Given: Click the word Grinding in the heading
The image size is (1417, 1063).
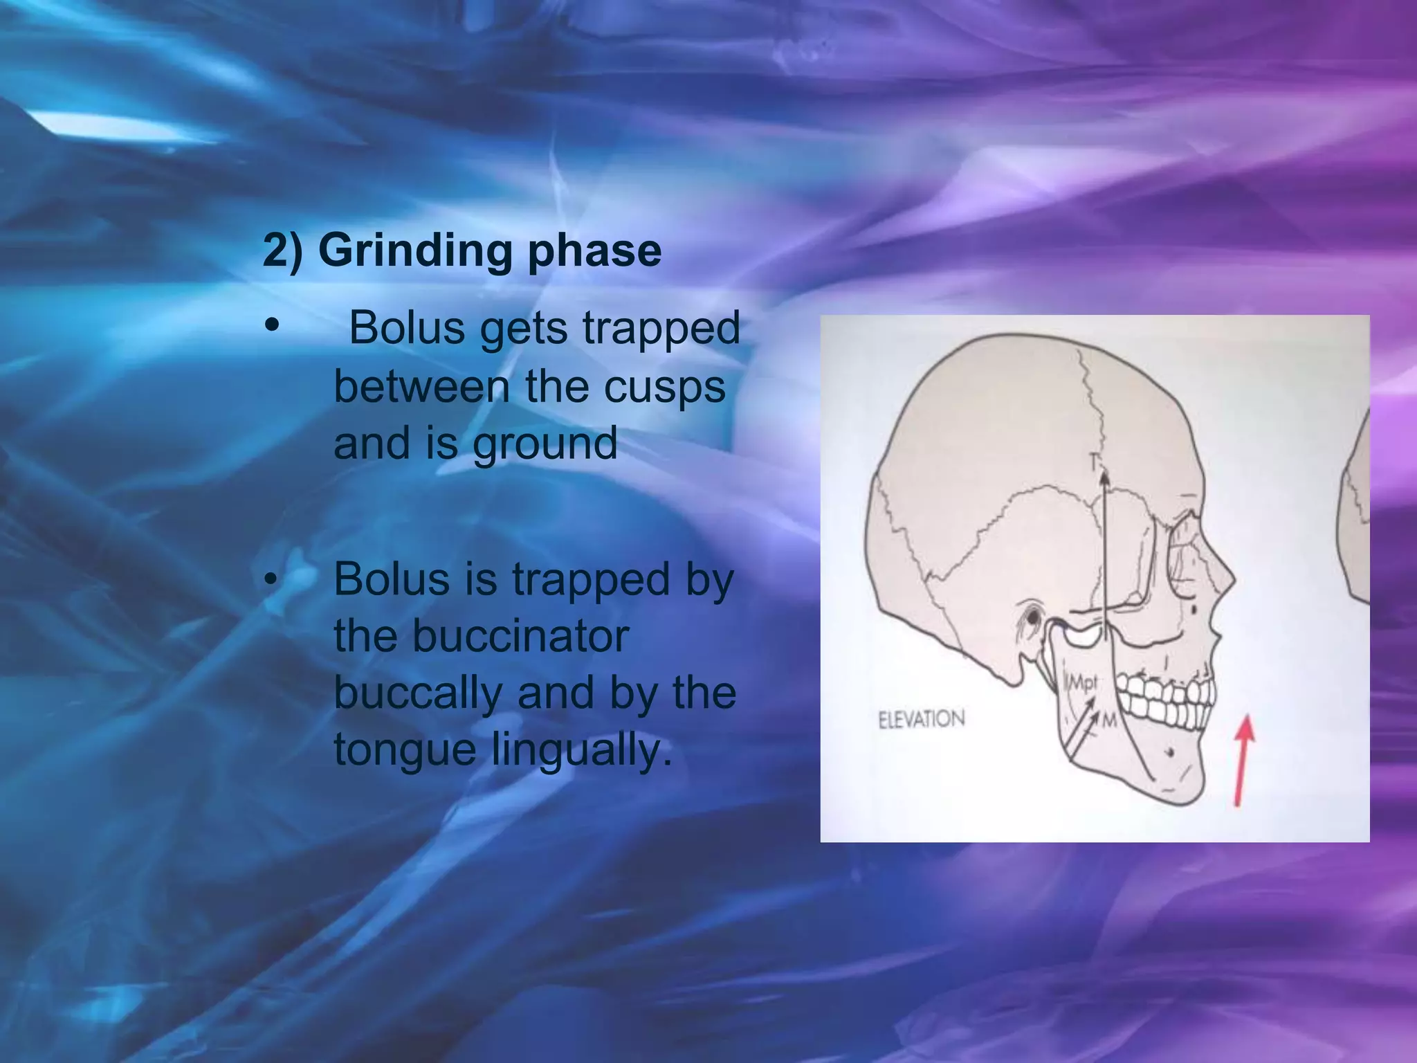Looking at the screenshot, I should tap(415, 251).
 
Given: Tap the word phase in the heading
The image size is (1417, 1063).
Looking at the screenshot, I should tap(594, 251).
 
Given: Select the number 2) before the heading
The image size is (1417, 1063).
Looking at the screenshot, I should tap(283, 251).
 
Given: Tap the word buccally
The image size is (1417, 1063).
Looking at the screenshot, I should tap(418, 693).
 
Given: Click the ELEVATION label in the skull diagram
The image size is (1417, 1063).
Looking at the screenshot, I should tap(921, 719).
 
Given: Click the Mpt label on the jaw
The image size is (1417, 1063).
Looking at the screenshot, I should tap(1084, 683).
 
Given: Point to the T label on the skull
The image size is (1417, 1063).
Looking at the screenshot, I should tap(1095, 460).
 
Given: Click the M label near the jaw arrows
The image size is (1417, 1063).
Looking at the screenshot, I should tap(1108, 721).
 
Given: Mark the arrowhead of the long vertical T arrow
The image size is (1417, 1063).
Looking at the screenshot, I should tap(1104, 476).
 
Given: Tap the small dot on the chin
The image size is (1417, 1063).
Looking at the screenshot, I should tap(1169, 752).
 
